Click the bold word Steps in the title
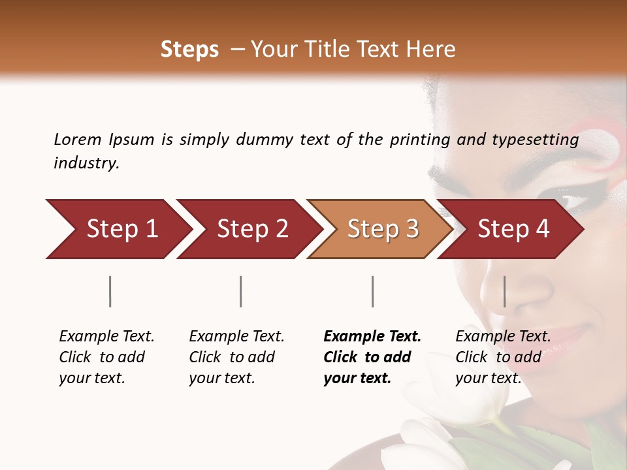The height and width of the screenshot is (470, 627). click(189, 49)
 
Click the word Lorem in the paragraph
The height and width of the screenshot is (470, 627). click(77, 139)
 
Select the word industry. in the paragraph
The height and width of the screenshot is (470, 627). click(86, 163)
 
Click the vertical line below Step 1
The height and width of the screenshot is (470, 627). click(110, 291)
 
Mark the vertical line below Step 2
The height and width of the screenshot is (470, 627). click(241, 291)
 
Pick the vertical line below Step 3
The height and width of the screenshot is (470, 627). click(372, 291)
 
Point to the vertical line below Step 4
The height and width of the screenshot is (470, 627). click(504, 291)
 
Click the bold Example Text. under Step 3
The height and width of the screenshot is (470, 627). click(372, 337)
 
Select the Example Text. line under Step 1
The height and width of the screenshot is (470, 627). click(106, 337)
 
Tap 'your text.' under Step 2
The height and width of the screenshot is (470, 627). click(222, 378)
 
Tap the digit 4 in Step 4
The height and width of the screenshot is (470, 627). click(542, 229)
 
